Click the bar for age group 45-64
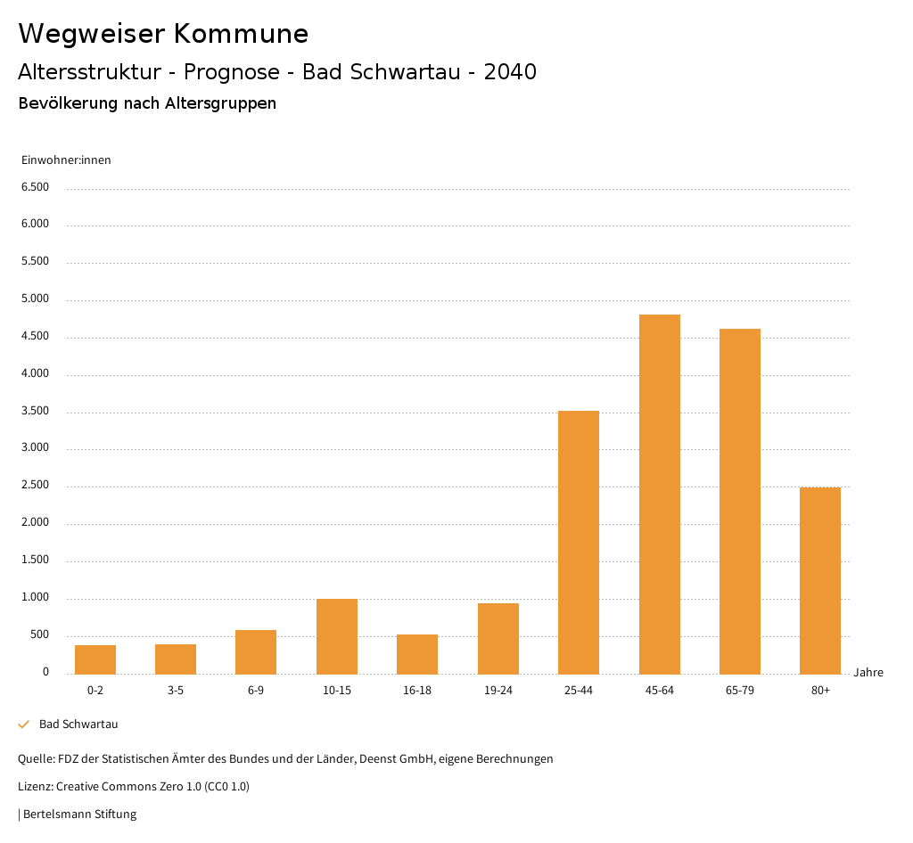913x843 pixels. click(x=659, y=495)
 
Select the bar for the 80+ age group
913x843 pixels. click(x=820, y=580)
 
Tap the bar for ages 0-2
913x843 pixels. click(x=95, y=659)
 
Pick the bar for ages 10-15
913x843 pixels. click(x=337, y=636)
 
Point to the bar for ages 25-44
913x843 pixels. click(x=579, y=542)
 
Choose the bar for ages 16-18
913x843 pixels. click(x=417, y=654)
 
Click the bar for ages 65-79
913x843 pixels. click(x=740, y=501)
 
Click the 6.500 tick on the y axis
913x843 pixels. click(x=35, y=187)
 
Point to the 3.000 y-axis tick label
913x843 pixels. click(x=35, y=448)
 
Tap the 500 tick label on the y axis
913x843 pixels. click(x=40, y=635)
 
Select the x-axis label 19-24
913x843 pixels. click(x=498, y=691)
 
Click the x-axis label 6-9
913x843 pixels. click(x=256, y=691)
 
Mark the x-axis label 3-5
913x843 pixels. click(x=176, y=691)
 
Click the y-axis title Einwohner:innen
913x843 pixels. click(x=66, y=160)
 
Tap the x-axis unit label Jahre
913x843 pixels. click(x=868, y=673)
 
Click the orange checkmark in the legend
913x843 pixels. click(x=24, y=724)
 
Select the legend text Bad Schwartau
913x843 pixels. click(x=78, y=724)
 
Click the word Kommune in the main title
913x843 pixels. click(x=241, y=34)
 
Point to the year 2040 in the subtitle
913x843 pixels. click(x=510, y=72)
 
